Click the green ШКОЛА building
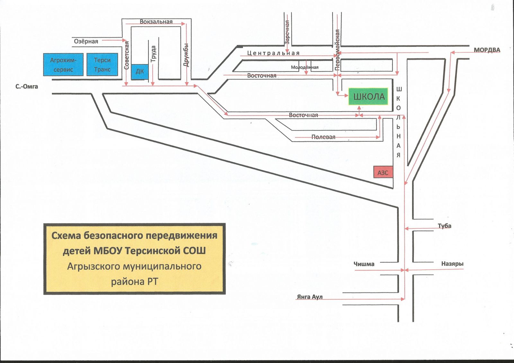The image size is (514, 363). pyautogui.click(x=368, y=97)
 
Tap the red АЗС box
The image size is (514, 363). pyautogui.click(x=383, y=173)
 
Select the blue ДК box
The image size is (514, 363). pyautogui.click(x=140, y=71)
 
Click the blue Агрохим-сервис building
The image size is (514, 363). pyautogui.click(x=63, y=65)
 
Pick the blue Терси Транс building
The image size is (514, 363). pyautogui.click(x=102, y=65)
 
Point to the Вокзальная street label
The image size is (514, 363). pyautogui.click(x=156, y=21)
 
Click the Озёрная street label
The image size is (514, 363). pyautogui.click(x=86, y=41)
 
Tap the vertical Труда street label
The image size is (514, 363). pyautogui.click(x=153, y=54)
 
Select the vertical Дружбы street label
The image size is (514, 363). pyautogui.click(x=186, y=55)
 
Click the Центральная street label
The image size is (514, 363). pyautogui.click(x=273, y=53)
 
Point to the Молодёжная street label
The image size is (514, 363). pyautogui.click(x=305, y=67)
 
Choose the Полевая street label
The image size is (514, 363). pyautogui.click(x=323, y=137)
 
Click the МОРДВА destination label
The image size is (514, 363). pyautogui.click(x=487, y=50)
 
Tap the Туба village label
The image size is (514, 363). pyautogui.click(x=444, y=226)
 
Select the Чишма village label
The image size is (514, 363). pyautogui.click(x=364, y=264)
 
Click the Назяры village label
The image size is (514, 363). pyautogui.click(x=452, y=264)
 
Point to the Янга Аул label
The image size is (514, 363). pyautogui.click(x=309, y=297)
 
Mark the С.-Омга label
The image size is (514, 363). pyautogui.click(x=27, y=86)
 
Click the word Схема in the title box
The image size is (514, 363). pyautogui.click(x=66, y=235)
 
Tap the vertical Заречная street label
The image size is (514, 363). pyautogui.click(x=287, y=32)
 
